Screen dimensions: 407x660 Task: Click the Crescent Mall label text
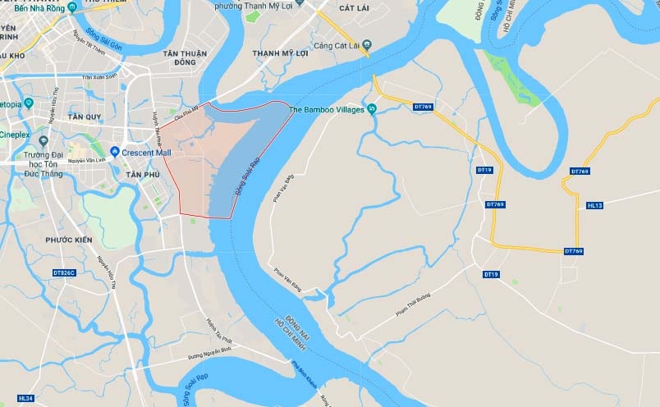click(x=146, y=152)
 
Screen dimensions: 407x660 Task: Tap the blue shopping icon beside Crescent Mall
click(x=115, y=152)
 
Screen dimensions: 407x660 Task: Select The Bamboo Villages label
click(x=325, y=110)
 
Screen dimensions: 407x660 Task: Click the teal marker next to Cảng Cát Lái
click(x=367, y=44)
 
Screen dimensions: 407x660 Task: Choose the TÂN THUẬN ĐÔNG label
click(x=179, y=57)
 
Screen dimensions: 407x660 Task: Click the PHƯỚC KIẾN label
click(x=68, y=240)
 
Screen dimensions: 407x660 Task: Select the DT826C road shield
click(x=63, y=272)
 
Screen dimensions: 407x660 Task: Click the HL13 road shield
click(x=595, y=205)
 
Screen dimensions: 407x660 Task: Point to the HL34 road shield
click(x=25, y=399)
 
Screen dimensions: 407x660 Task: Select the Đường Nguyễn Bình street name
click(x=209, y=352)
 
